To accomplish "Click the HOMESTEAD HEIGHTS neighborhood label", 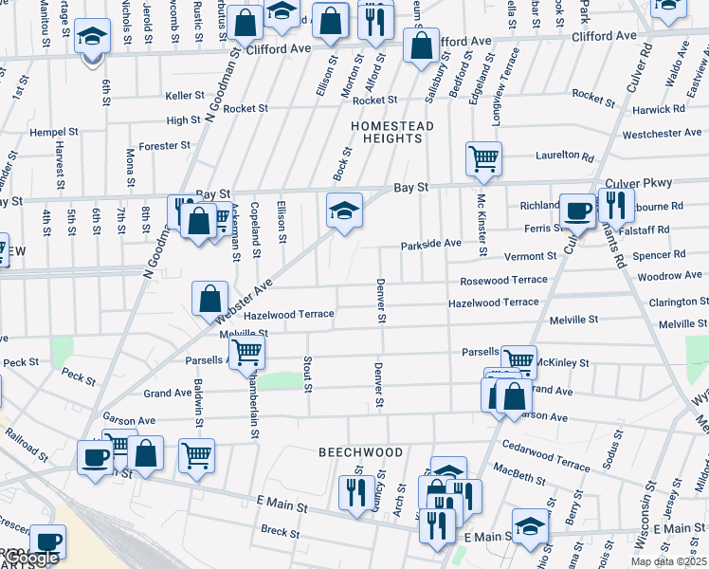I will tap(392, 132).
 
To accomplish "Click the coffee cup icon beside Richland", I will tap(576, 211).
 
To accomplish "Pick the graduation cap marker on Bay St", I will tap(344, 210).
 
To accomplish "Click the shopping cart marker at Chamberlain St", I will tap(246, 353).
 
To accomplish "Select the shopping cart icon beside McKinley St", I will tap(518, 359).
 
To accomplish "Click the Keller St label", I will tap(185, 96).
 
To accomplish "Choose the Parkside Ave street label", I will tap(430, 244).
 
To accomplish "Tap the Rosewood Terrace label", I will tap(503, 280).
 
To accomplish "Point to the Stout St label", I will tap(307, 374).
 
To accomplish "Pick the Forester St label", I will tap(164, 146).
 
